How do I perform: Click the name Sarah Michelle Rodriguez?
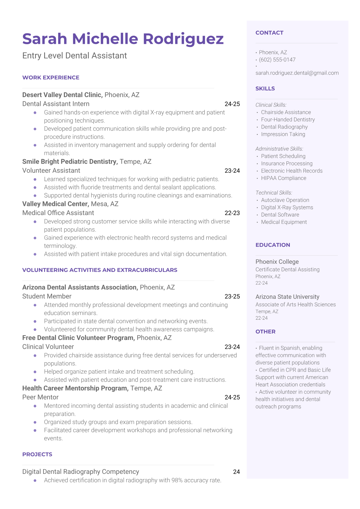123,39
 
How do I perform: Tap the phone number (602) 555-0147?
277,60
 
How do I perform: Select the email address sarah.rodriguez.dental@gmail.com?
297,73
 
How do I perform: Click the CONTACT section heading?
269,33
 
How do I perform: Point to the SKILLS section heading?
265,89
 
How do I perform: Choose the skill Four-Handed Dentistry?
288,119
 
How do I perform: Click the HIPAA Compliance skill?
283,178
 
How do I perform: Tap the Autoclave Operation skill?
285,200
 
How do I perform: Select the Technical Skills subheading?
274,193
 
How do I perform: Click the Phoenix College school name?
277,262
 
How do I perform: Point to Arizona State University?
287,297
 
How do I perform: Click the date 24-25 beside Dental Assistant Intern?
232,104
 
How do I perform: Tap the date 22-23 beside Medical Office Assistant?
232,213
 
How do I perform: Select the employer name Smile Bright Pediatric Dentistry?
70,162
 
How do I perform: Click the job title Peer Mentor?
40,397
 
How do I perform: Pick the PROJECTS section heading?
37,454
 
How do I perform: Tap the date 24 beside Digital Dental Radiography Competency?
236,472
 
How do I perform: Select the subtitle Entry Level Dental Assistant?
74,56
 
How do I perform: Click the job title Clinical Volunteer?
48,347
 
